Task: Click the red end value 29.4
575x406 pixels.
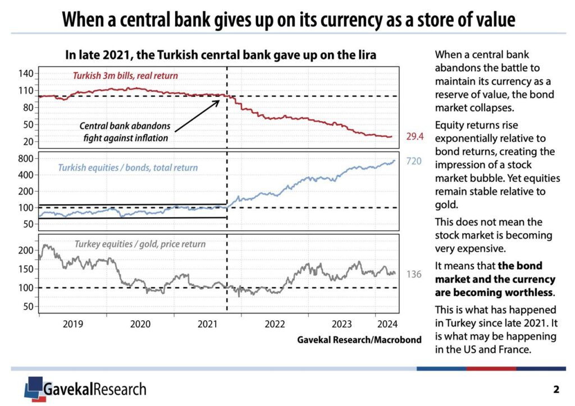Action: click(414, 136)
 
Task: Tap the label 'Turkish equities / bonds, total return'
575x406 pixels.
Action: click(127, 167)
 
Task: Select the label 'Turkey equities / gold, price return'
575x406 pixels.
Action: click(140, 244)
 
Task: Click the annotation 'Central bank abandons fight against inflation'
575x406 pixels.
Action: click(125, 132)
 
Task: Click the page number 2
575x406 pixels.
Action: click(556, 389)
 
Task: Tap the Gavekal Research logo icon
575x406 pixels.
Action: click(34, 387)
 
